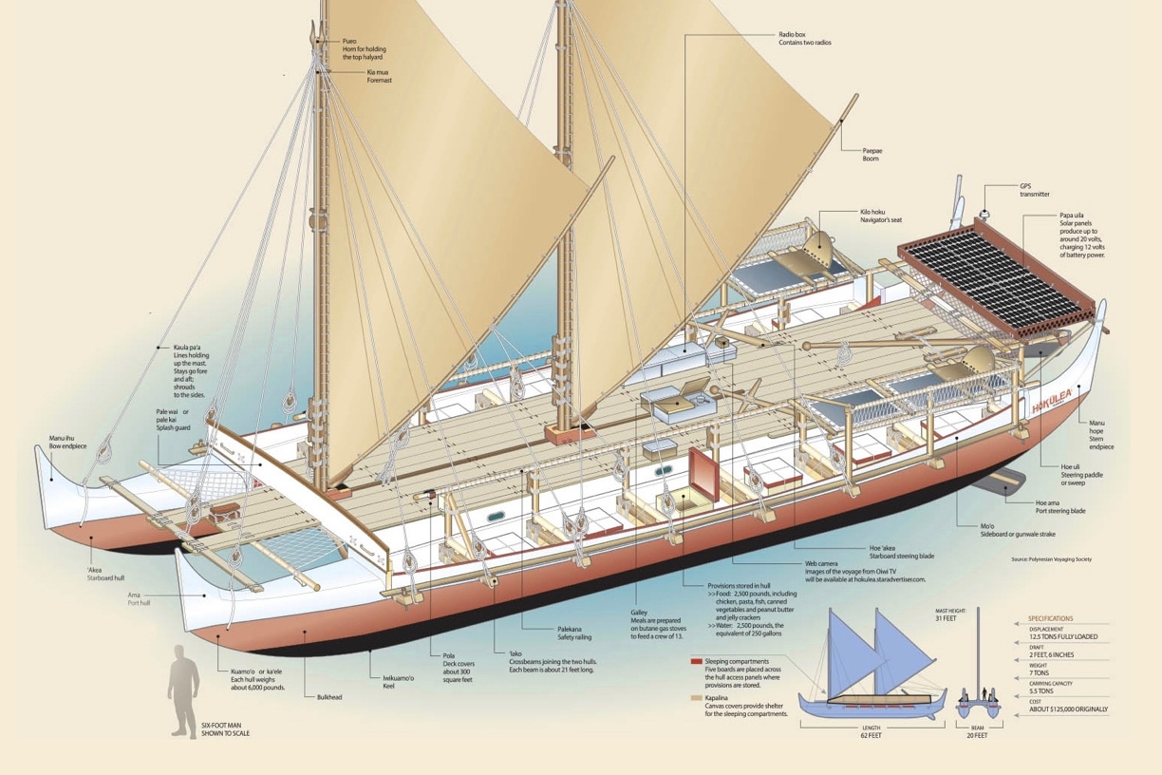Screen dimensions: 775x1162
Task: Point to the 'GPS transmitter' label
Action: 1035,189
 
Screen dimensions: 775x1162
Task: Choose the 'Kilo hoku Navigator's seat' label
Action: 880,215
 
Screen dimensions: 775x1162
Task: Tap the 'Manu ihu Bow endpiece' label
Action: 68,444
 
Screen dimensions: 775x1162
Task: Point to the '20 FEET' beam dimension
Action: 977,735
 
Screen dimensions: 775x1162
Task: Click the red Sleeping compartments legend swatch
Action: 697,659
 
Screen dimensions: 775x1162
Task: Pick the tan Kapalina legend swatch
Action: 697,698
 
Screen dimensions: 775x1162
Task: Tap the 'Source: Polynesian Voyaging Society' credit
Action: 1052,560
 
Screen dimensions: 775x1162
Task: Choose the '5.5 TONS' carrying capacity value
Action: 1047,692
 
